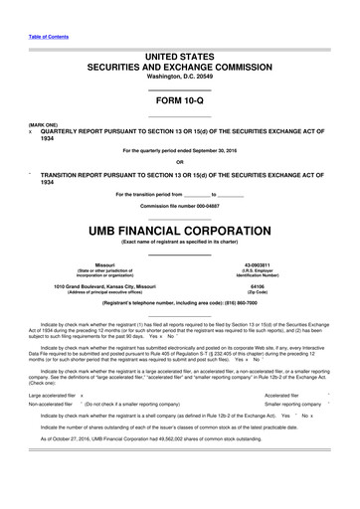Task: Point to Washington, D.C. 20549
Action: (x=179, y=76)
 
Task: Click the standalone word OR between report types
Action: (x=179, y=162)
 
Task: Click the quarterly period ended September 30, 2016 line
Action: (x=179, y=150)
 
